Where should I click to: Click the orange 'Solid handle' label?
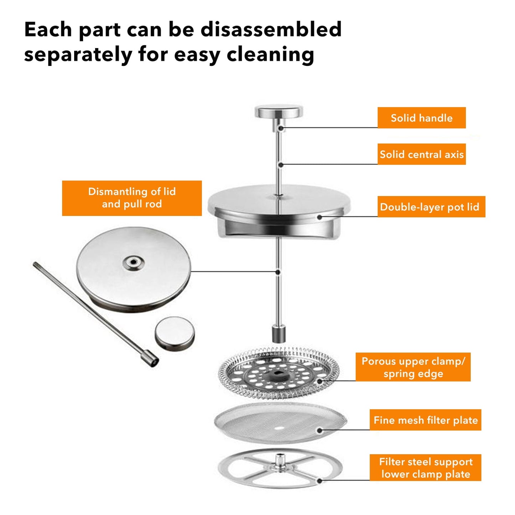click(x=422, y=118)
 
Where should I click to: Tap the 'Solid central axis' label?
click(x=422, y=154)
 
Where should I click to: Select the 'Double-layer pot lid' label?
click(x=431, y=207)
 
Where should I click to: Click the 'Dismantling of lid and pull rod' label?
click(x=132, y=198)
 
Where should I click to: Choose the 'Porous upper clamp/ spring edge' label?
click(x=413, y=367)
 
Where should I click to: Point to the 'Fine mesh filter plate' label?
click(x=425, y=420)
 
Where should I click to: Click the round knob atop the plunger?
click(x=279, y=112)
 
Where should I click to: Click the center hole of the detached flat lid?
click(x=133, y=263)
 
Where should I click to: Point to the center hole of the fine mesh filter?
click(x=279, y=428)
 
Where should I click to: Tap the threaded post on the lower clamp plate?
click(x=280, y=459)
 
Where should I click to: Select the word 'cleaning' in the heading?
click(x=270, y=55)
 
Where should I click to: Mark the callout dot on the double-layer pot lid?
click(x=319, y=217)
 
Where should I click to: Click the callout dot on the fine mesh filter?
click(x=319, y=430)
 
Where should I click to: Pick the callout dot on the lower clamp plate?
click(x=319, y=481)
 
